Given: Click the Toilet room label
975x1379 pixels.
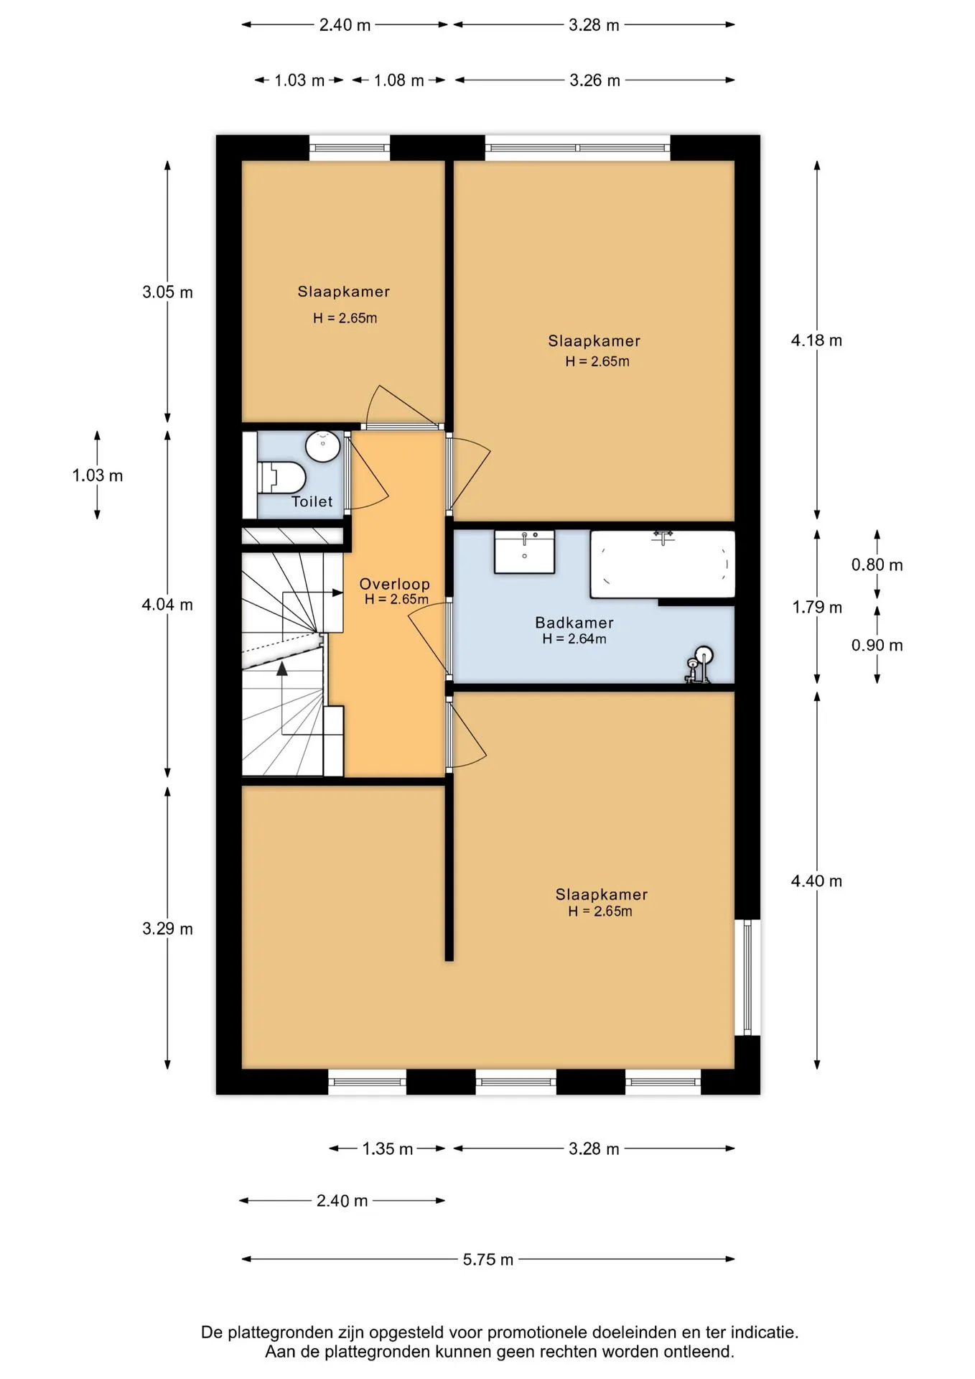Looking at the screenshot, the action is (312, 502).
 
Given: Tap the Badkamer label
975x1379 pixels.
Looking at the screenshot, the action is (574, 623).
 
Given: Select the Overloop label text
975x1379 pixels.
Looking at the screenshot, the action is (395, 585).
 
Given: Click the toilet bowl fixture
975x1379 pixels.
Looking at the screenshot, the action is (281, 477).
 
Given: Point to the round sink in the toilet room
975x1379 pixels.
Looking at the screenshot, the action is (322, 446).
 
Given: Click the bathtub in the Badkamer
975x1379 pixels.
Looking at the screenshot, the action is (663, 564).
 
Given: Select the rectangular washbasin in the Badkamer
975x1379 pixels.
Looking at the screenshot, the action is (524, 552).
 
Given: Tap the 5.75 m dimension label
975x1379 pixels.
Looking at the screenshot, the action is (488, 1259).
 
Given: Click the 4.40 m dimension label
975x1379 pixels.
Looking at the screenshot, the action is (816, 881).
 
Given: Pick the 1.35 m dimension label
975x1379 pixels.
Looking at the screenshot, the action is (388, 1148).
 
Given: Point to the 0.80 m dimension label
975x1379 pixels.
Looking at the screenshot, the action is (877, 565).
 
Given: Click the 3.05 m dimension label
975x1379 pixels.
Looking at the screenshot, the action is (167, 292).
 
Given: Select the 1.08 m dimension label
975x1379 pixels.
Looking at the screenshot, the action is (398, 80).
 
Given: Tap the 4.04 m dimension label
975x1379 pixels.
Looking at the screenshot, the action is (167, 605).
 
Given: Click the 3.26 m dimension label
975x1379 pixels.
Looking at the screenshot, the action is (594, 80).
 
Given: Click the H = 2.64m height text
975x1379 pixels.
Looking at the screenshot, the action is (574, 639).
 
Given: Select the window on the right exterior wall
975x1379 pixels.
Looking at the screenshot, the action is (747, 977).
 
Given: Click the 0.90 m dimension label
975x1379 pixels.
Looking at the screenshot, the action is (877, 646).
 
